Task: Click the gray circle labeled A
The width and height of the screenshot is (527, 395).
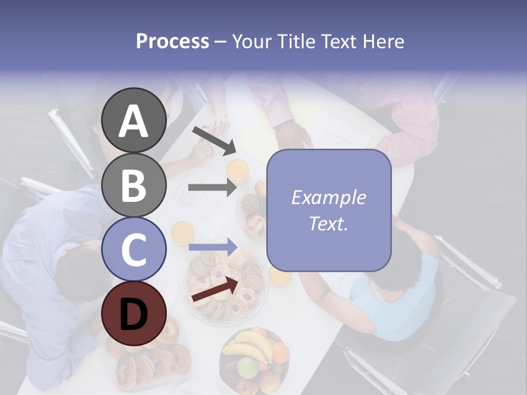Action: tap(133, 121)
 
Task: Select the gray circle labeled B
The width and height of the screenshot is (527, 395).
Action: tap(133, 185)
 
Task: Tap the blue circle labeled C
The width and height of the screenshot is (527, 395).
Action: tap(133, 249)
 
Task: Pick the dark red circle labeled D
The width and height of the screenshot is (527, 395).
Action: tap(133, 313)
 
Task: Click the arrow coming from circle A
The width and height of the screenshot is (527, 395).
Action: tap(214, 140)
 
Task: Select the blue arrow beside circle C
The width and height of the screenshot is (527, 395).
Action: tap(213, 247)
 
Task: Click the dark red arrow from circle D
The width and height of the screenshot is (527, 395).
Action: tap(216, 289)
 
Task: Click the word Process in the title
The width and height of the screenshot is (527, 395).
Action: tap(172, 42)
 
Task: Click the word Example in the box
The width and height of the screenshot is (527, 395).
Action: tap(328, 198)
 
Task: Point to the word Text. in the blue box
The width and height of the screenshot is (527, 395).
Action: tap(328, 224)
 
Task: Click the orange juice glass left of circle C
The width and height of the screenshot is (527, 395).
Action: tap(182, 233)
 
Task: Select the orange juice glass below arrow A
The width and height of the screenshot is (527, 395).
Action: tap(238, 171)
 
